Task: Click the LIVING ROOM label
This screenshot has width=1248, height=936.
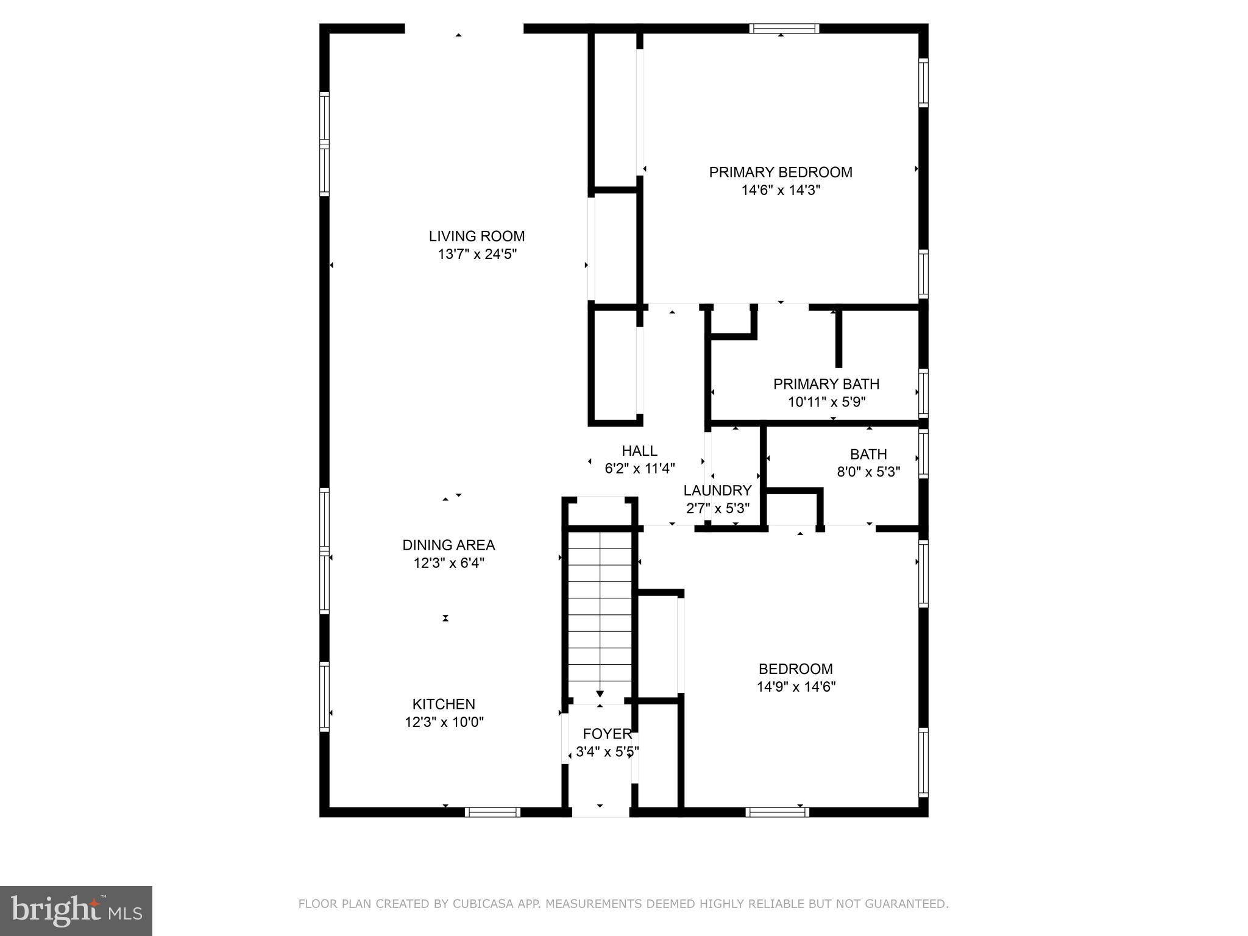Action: pyautogui.click(x=477, y=236)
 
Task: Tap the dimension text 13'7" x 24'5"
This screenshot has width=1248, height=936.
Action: pyautogui.click(x=477, y=254)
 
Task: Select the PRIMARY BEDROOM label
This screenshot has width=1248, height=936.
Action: pyautogui.click(x=781, y=172)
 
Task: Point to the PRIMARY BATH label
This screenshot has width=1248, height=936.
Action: pyautogui.click(x=826, y=384)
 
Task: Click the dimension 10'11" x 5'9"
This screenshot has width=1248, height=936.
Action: pyautogui.click(x=826, y=402)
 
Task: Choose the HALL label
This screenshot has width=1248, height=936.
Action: pyautogui.click(x=639, y=451)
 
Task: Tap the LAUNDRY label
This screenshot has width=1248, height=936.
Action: pyautogui.click(x=717, y=491)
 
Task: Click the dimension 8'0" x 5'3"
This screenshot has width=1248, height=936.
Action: pyautogui.click(x=868, y=472)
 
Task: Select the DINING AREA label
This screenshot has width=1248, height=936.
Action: pyautogui.click(x=448, y=545)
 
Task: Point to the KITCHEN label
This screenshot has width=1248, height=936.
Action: pyautogui.click(x=444, y=704)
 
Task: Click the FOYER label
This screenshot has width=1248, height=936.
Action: pyautogui.click(x=607, y=734)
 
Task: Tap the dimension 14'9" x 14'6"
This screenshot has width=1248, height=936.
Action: pyautogui.click(x=796, y=687)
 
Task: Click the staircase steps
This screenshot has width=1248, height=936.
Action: pyautogui.click(x=600, y=609)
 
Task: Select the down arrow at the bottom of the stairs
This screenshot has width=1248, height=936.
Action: pyautogui.click(x=600, y=693)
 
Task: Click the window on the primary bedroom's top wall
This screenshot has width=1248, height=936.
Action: pyautogui.click(x=784, y=29)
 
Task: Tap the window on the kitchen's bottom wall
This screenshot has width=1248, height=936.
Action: pyautogui.click(x=492, y=812)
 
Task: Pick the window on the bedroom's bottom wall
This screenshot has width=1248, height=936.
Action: pyautogui.click(x=777, y=812)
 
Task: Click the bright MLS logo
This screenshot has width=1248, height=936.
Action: pyautogui.click(x=76, y=910)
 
